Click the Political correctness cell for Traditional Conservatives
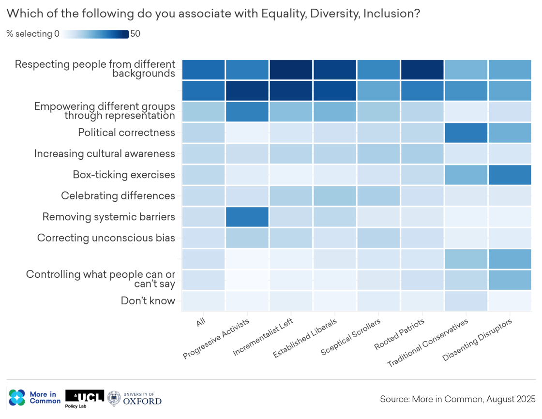(x=466, y=133)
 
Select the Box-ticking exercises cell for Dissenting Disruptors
(x=510, y=175)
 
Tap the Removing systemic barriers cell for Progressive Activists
(x=247, y=217)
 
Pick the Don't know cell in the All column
(x=203, y=301)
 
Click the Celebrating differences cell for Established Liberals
(x=334, y=195)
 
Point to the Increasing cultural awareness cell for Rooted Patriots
(x=422, y=154)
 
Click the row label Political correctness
(x=126, y=133)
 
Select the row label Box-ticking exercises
(x=123, y=175)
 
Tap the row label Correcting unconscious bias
(x=106, y=238)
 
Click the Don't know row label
(x=148, y=301)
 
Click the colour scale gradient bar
(x=95, y=34)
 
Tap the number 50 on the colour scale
(x=135, y=34)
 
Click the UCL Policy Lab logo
(x=84, y=398)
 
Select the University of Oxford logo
(x=135, y=398)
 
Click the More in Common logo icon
(x=17, y=398)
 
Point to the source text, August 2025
(x=458, y=399)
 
